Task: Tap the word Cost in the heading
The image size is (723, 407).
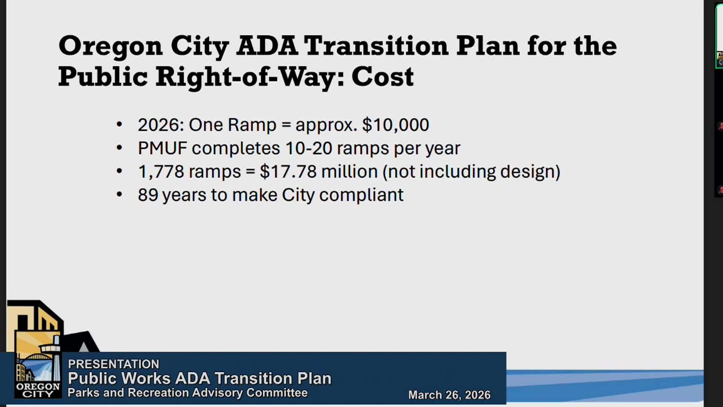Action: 383,77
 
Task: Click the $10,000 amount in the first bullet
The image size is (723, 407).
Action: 395,125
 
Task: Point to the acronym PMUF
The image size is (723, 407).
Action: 163,148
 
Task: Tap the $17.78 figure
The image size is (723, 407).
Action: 288,172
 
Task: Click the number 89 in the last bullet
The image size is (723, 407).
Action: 148,195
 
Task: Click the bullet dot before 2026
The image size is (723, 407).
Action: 119,124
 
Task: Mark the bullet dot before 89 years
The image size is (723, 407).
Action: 119,194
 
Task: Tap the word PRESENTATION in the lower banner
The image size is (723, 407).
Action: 114,364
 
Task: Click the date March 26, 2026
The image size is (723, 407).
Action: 449,395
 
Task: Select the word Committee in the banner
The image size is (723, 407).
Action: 277,393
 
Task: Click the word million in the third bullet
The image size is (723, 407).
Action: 349,172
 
